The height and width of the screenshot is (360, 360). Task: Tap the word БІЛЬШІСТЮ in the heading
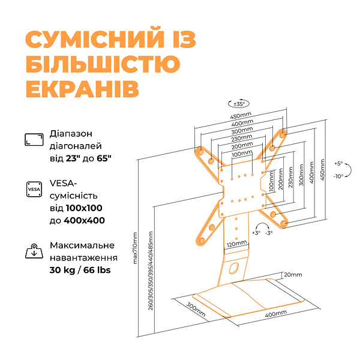[103, 65]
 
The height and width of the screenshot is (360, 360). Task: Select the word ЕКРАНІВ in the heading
[83, 89]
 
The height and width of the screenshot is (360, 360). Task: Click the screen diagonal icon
[34, 139]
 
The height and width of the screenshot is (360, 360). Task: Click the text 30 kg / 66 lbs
[80, 269]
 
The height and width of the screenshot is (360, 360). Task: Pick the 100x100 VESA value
[86, 208]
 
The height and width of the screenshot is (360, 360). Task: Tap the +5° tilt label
[339, 164]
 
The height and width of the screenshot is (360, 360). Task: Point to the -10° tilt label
[339, 176]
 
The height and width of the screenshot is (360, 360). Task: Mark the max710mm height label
[136, 250]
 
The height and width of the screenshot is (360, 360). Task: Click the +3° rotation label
[256, 232]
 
